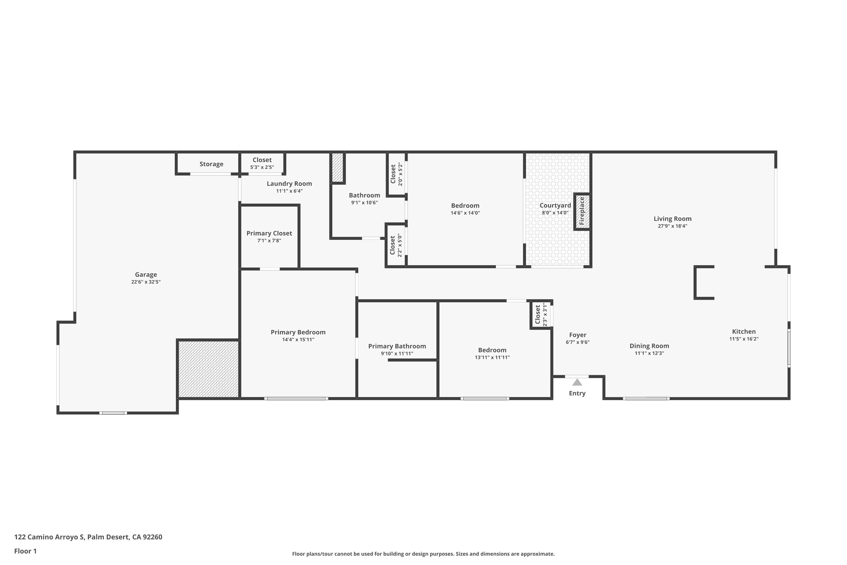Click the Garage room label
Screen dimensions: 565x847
point(146,275)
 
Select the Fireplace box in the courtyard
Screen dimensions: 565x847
point(582,212)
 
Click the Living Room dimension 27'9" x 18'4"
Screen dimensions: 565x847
point(672,226)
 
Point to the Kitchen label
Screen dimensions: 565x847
point(744,331)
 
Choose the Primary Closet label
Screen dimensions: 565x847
point(269,233)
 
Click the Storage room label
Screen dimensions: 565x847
point(211,164)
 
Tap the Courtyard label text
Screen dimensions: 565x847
point(555,205)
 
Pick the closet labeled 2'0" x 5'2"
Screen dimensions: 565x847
point(396,174)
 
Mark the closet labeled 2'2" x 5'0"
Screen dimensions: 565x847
point(396,245)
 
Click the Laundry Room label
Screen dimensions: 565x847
point(289,183)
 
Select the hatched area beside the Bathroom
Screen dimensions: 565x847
point(337,168)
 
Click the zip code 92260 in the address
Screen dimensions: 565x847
point(152,537)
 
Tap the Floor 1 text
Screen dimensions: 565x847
point(25,551)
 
